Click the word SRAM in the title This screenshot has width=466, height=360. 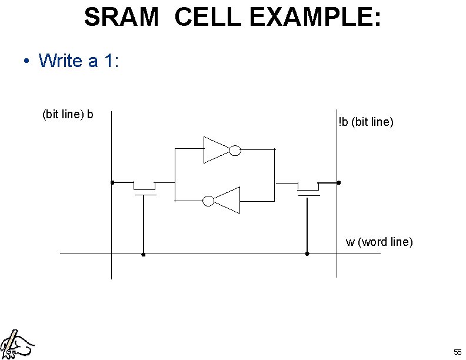click(x=121, y=17)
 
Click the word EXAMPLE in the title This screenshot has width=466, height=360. click(x=315, y=17)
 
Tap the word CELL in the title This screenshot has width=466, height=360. click(x=208, y=17)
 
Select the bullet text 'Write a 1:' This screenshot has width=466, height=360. click(x=79, y=60)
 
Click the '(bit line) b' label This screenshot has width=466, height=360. click(x=68, y=114)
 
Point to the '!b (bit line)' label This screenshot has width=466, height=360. click(x=365, y=122)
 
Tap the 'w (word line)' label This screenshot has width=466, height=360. click(x=379, y=242)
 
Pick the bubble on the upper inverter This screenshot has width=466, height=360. click(x=235, y=151)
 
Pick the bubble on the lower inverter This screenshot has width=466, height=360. click(x=208, y=201)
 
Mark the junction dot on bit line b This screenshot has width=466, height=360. click(x=112, y=182)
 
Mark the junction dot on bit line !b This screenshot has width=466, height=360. click(x=338, y=182)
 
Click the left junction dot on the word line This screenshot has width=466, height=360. click(x=144, y=255)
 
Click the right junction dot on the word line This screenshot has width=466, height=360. click(x=307, y=254)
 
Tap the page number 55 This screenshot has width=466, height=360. click(x=457, y=352)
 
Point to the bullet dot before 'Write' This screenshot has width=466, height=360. click(x=26, y=61)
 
